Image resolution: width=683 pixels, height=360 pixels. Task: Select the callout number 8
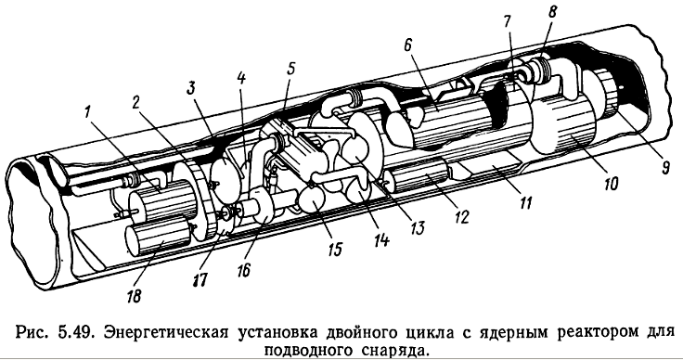[x=552, y=13]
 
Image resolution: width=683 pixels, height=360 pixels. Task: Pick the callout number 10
[x=610, y=184]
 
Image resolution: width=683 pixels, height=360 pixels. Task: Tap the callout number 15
[x=334, y=249]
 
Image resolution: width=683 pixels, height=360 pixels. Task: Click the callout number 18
[x=134, y=296]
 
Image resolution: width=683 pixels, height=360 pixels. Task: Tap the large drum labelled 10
[x=565, y=124]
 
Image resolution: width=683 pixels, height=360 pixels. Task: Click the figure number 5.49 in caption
[x=75, y=332]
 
